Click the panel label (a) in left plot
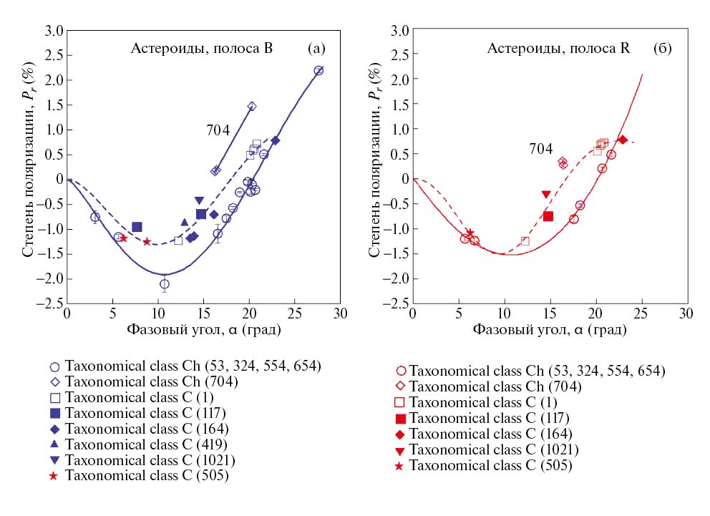(316, 49)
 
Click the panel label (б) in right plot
(661, 49)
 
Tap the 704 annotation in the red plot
(540, 149)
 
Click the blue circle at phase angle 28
(318, 70)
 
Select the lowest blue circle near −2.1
(165, 284)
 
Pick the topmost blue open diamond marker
(251, 106)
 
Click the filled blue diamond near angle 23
(276, 140)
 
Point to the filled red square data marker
(548, 216)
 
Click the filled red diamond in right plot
(623, 140)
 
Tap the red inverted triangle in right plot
(546, 194)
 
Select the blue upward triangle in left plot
(185, 223)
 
